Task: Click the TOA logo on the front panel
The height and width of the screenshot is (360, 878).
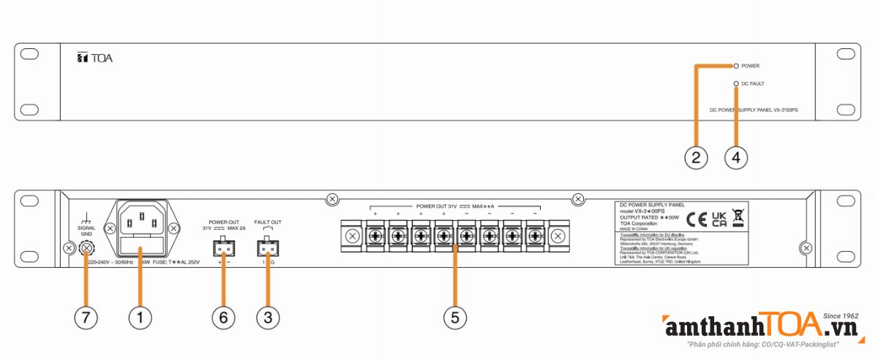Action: click(94, 59)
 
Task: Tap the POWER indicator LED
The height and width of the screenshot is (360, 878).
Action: click(736, 66)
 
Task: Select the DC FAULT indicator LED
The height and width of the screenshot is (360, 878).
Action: click(736, 84)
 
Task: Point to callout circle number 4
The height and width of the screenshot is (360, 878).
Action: click(737, 157)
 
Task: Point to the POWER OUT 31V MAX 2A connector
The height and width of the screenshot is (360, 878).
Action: click(223, 249)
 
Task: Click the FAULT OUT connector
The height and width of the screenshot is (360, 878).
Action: click(267, 249)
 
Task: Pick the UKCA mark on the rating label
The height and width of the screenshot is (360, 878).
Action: click(718, 217)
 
